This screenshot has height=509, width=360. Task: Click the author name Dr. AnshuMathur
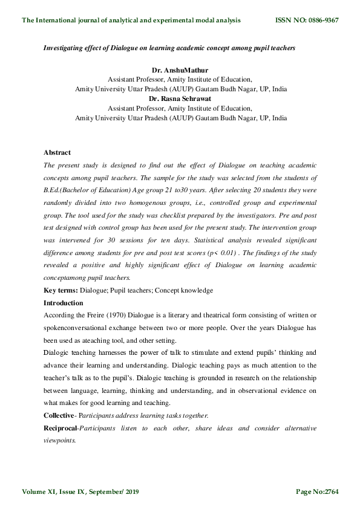[x=180, y=70]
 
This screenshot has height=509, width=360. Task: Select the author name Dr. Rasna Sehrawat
[x=180, y=99]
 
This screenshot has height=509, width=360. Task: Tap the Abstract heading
[x=57, y=153]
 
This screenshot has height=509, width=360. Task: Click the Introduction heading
[x=64, y=303]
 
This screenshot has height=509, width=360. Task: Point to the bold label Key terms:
[x=61, y=291]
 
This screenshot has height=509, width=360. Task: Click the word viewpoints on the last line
[x=60, y=441]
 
